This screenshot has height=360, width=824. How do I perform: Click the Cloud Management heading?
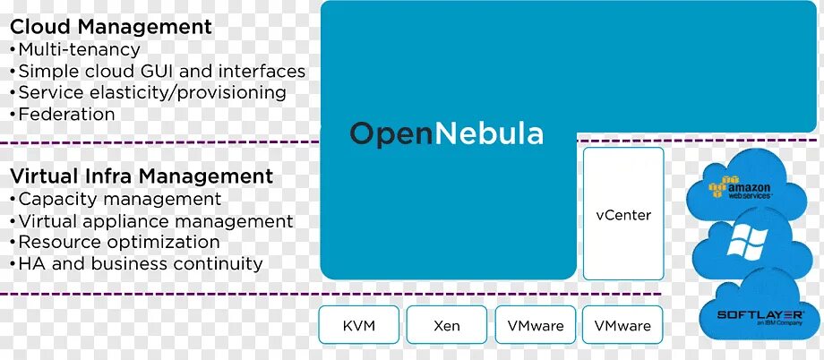tap(111, 27)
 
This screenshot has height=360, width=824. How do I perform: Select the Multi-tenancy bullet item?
tap(79, 49)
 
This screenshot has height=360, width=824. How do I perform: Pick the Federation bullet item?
tap(66, 114)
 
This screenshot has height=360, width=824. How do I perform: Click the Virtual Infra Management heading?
tap(142, 176)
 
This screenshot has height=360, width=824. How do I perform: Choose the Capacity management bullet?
tap(119, 199)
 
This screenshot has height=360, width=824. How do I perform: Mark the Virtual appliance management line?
tap(155, 220)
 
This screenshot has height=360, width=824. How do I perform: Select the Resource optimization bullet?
tap(118, 242)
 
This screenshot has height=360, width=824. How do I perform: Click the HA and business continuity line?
tap(140, 263)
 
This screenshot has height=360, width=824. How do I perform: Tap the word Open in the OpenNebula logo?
tap(384, 134)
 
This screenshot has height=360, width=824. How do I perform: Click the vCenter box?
tap(623, 215)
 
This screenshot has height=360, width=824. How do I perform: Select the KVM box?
tap(358, 325)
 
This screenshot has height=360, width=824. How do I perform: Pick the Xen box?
tap(446, 325)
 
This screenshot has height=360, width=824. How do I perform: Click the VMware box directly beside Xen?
tap(536, 325)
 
